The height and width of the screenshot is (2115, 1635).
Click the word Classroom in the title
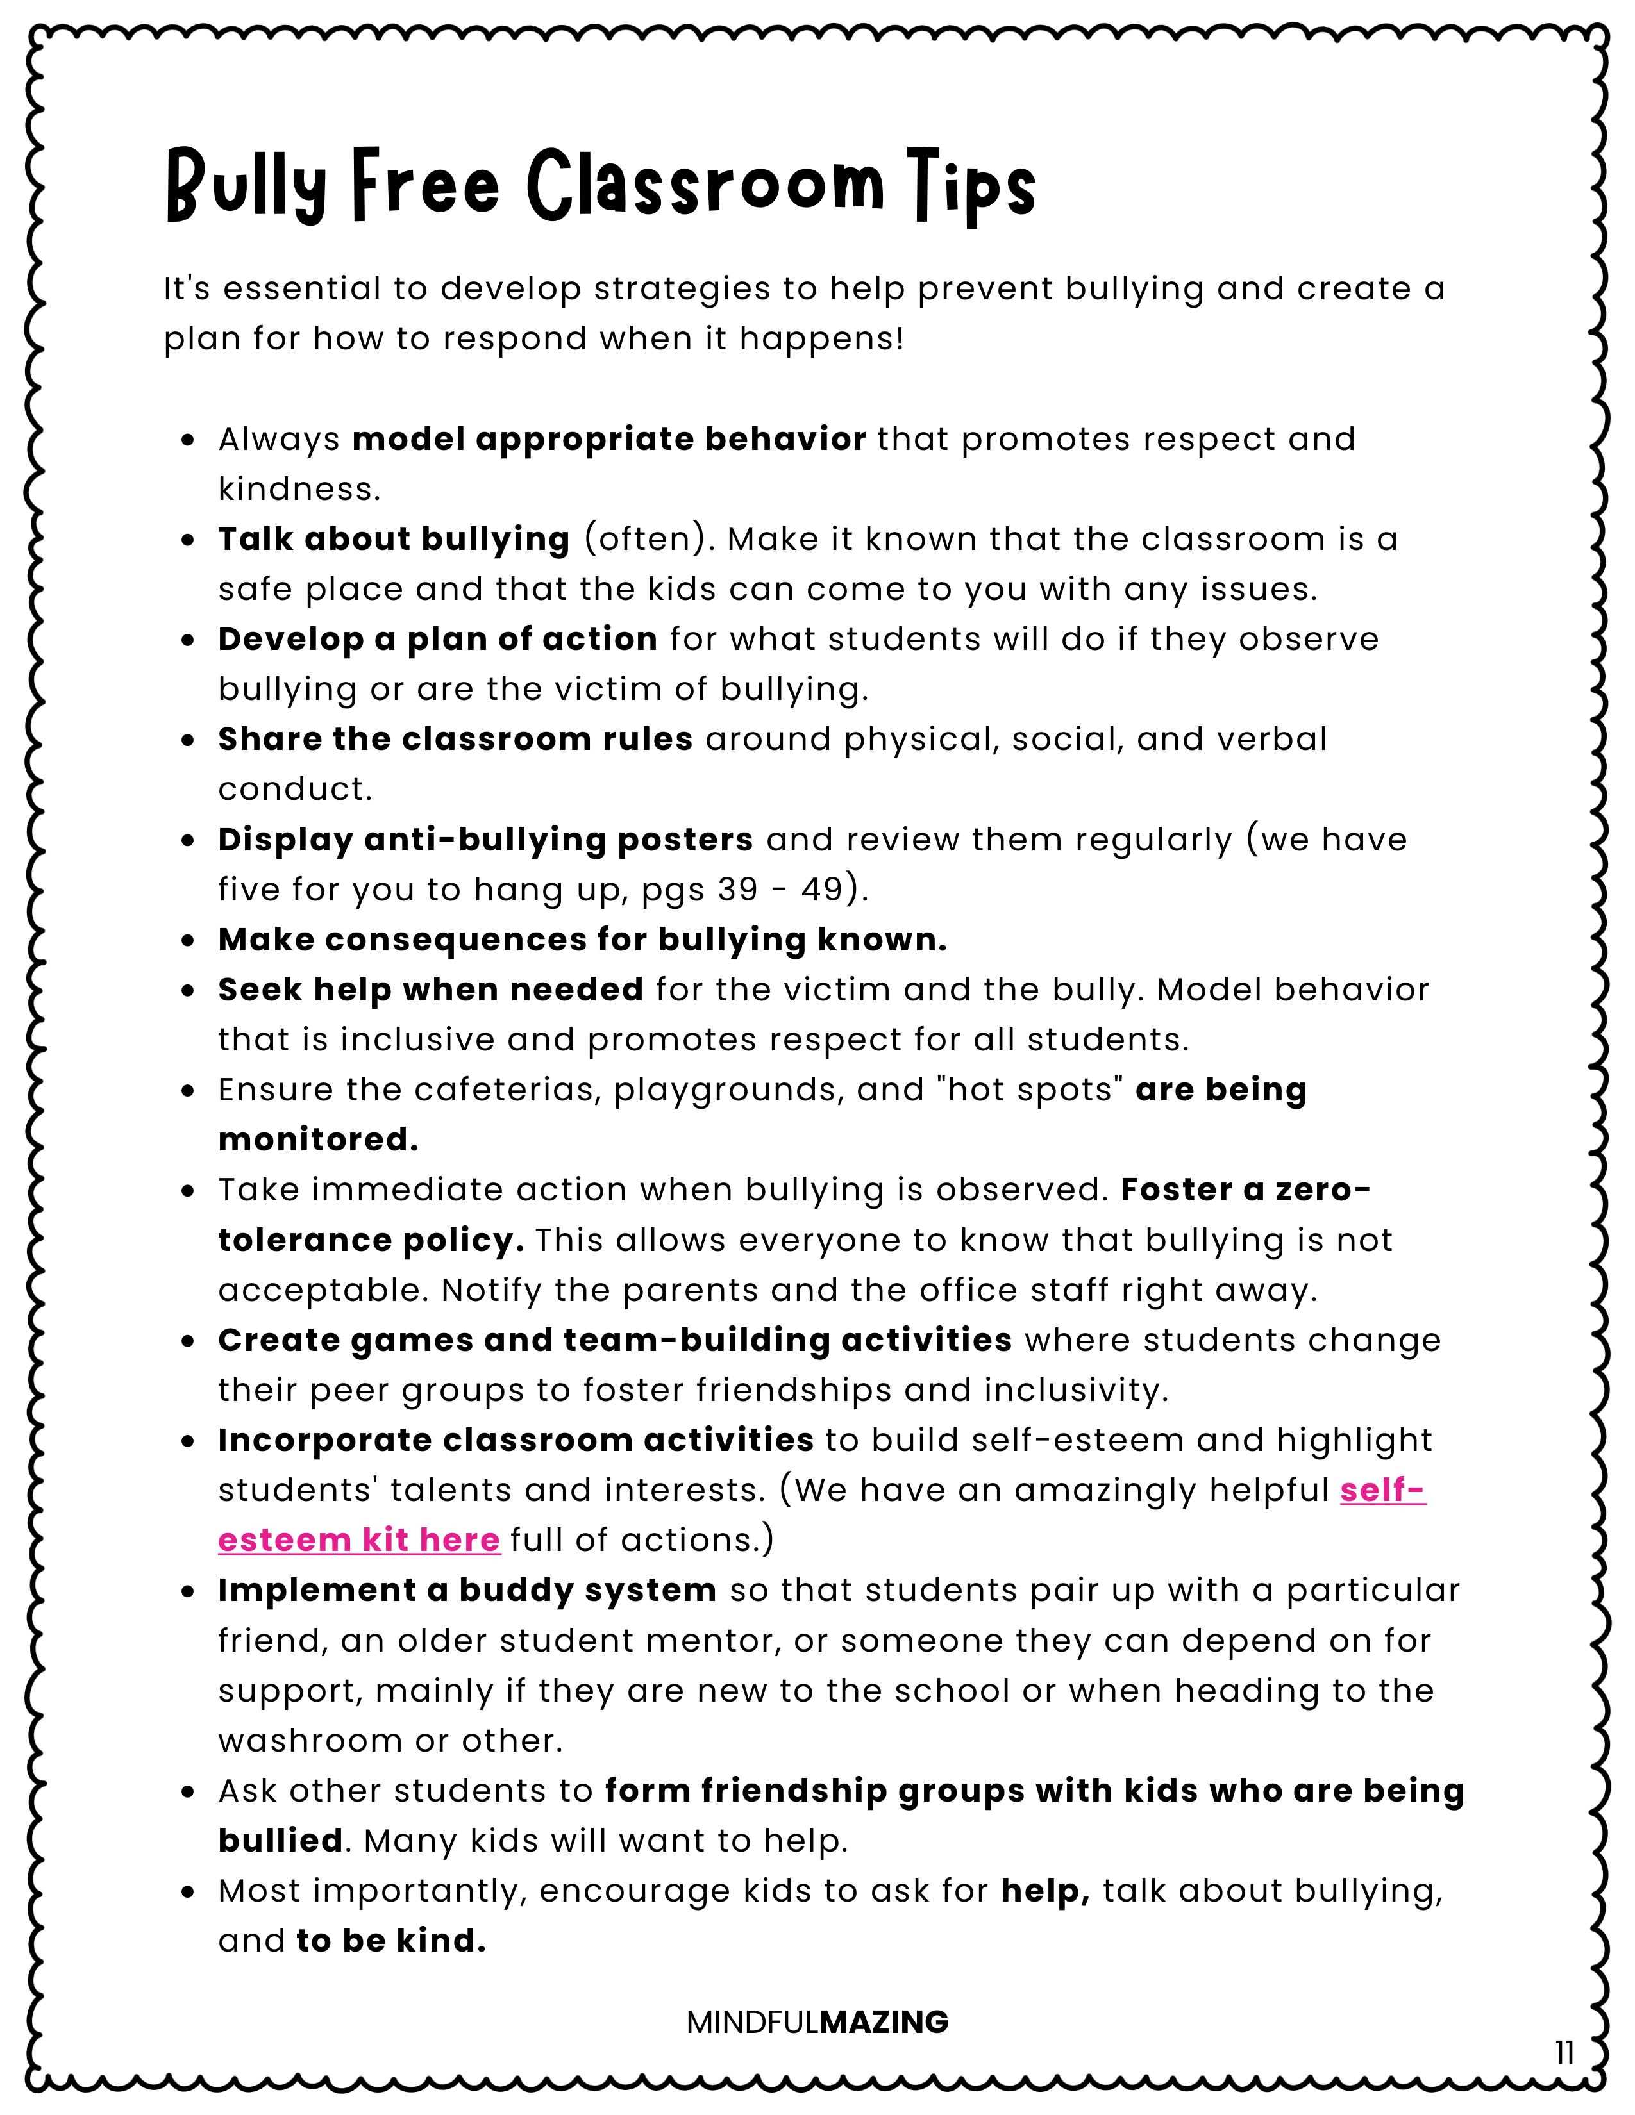706,184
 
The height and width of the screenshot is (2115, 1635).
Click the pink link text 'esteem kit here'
359,1539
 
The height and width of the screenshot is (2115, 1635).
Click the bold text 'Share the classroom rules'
455,739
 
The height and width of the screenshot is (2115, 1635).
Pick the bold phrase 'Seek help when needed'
431,990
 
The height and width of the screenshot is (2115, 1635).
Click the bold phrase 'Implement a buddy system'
467,1590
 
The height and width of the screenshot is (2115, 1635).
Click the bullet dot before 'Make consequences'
189,940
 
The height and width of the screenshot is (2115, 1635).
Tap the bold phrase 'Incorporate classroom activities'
516,1440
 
